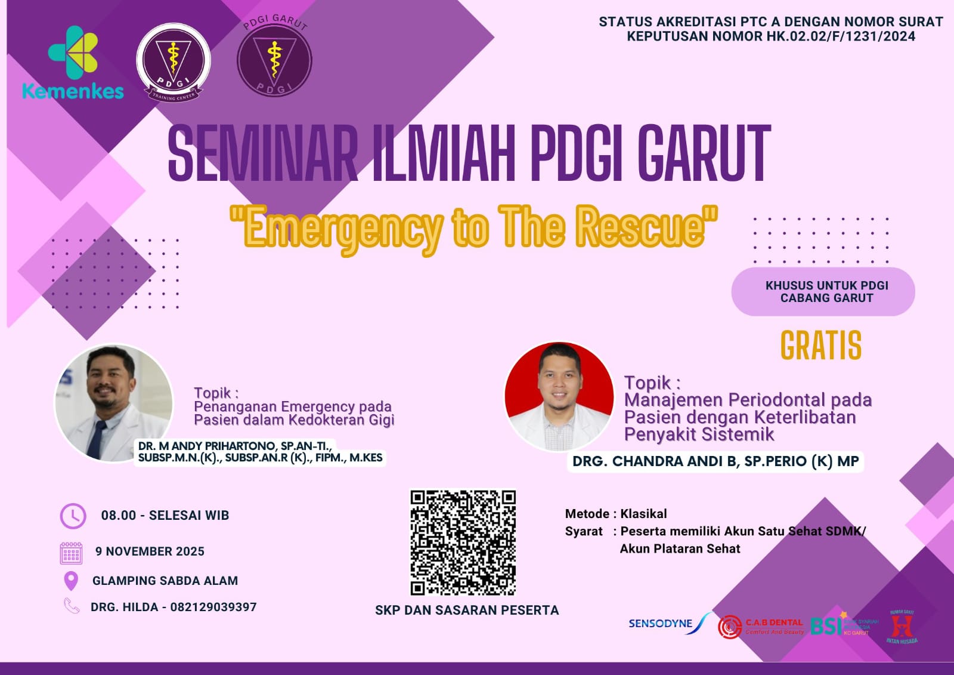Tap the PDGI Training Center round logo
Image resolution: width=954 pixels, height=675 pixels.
173,62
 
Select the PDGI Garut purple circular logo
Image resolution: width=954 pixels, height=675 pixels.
274,59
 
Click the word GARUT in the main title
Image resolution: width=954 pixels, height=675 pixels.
704,154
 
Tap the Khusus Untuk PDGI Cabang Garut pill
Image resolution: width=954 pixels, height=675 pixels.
823,292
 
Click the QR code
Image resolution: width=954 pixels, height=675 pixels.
463,543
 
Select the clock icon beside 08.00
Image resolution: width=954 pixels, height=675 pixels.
73,516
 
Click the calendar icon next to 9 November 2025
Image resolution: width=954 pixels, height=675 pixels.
71,553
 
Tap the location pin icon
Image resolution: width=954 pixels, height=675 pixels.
71,581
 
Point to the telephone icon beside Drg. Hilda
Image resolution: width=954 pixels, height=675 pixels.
72,606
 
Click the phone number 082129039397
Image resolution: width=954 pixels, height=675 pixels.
213,607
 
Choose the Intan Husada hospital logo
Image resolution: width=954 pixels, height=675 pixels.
902,627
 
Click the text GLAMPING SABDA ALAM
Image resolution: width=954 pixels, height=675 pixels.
165,581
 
